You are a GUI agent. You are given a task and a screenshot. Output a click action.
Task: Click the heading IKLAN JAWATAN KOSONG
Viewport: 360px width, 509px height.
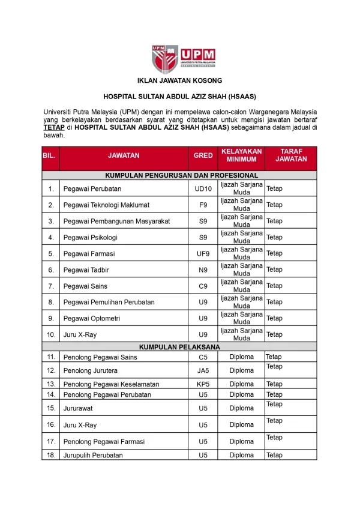179,80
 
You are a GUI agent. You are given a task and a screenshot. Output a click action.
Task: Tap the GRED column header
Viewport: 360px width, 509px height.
203,155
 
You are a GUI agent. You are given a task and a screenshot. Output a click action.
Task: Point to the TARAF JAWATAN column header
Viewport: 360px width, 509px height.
290,155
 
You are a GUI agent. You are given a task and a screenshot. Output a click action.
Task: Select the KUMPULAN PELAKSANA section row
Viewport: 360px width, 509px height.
179,347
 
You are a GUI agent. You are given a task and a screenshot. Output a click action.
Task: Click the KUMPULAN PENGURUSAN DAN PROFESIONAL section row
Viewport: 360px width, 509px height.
179,175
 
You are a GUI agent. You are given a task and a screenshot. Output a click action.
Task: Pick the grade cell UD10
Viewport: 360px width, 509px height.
203,189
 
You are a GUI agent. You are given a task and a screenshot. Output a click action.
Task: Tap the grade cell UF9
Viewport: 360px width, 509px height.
203,238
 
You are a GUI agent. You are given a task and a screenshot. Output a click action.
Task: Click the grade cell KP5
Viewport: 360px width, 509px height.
203,384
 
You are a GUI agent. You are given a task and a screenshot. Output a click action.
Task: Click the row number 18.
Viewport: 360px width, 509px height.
50,456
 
